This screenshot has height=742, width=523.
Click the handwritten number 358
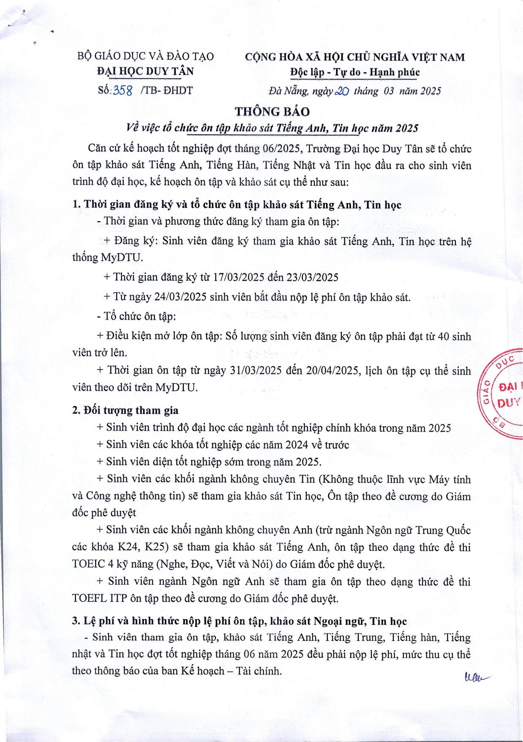click(123, 90)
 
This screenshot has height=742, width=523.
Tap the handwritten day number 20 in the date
click(341, 91)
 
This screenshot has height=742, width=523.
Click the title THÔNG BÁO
click(272, 112)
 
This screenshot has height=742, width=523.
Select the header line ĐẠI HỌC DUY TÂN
click(145, 71)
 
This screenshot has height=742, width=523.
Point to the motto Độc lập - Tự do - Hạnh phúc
click(355, 72)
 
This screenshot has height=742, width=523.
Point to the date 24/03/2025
click(180, 297)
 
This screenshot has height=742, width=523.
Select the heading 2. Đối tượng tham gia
click(125, 410)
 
